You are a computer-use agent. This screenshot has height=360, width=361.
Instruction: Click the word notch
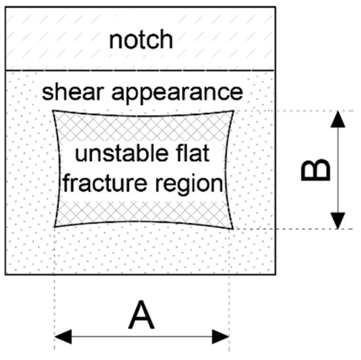tap(141, 40)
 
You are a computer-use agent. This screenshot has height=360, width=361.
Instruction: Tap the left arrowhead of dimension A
tap(61, 337)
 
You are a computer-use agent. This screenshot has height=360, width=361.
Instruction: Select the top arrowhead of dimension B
tap(337, 118)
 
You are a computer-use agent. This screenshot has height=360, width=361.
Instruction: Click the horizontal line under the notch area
tap(141, 69)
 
